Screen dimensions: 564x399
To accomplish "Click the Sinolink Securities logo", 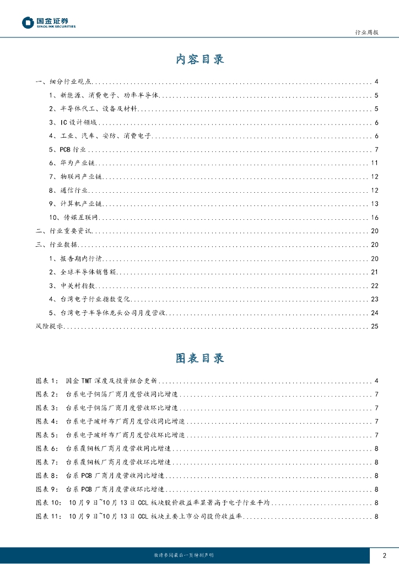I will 48,22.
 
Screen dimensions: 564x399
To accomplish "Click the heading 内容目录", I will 199,59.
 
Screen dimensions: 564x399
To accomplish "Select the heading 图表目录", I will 199,358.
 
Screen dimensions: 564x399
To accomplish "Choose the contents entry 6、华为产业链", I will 71,163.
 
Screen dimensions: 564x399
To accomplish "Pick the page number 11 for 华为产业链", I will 374,163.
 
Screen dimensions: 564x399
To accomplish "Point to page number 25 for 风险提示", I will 374,327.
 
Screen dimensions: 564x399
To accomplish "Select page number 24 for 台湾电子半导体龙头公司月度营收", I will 374,313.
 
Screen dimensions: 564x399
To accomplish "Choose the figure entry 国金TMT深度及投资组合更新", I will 111,381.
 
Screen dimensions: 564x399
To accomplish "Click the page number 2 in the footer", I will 384,555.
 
